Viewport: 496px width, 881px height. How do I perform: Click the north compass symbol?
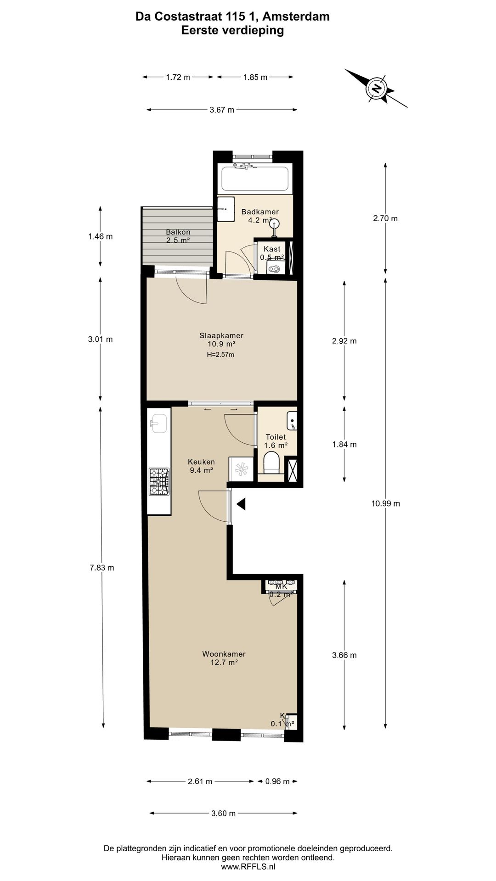pos(377,88)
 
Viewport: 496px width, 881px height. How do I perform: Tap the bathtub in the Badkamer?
pos(255,179)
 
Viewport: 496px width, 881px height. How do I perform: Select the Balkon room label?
pos(178,232)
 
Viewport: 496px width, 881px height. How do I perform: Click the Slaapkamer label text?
pos(221,335)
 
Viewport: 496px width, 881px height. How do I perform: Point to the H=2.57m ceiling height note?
pos(221,355)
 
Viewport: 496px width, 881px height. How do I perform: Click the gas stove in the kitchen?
pos(159,481)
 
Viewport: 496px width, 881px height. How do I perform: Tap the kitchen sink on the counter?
pos(159,423)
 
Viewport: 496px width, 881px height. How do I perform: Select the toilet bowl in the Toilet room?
pos(272,462)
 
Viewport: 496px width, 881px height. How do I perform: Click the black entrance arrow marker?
pos(241,504)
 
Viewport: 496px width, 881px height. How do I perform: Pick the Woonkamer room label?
pos(224,654)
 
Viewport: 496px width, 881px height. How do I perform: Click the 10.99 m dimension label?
pos(386,503)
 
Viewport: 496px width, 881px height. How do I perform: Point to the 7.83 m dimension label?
pos(102,568)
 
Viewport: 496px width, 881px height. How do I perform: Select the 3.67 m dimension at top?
pos(222,110)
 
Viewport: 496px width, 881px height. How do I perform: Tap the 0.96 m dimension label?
pos(277,781)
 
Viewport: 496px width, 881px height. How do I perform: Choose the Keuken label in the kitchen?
pos(201,462)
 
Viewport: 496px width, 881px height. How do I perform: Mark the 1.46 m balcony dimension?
pos(101,237)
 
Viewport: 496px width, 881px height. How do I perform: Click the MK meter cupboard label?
pos(281,586)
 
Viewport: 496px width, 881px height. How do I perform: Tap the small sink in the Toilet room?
pos(292,421)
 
